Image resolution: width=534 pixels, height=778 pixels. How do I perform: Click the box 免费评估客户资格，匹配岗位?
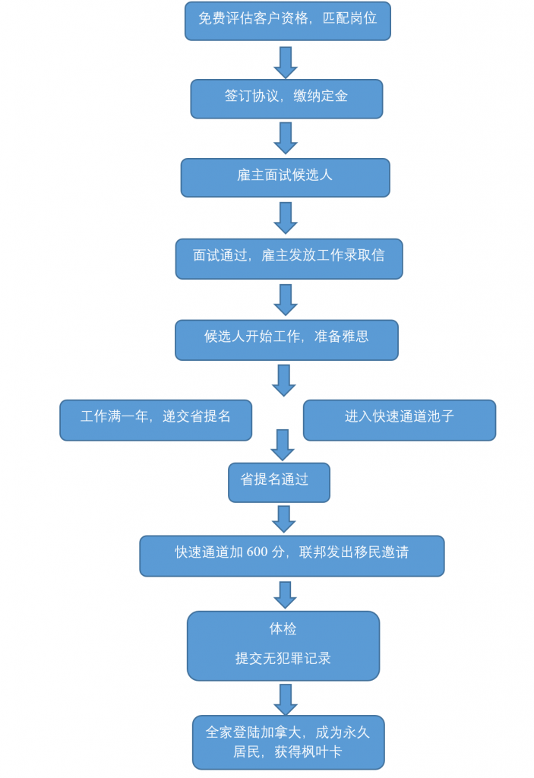[x=287, y=21]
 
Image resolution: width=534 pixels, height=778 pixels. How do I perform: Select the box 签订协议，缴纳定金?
[x=286, y=99]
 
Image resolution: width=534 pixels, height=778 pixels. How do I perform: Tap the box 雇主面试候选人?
[x=285, y=177]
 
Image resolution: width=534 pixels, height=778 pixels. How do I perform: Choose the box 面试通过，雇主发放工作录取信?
[x=289, y=258]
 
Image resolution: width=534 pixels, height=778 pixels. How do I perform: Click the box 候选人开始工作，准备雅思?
[x=286, y=339]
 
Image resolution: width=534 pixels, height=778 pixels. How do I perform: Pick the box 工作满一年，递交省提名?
[x=156, y=419]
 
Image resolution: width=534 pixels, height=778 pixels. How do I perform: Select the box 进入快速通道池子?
[x=399, y=419]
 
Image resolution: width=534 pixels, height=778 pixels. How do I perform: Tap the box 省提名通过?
[x=279, y=482]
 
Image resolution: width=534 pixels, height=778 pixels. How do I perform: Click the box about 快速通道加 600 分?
[x=292, y=555]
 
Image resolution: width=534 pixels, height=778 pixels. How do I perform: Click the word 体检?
[x=283, y=629]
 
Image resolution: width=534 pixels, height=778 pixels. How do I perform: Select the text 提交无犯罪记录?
[x=283, y=658]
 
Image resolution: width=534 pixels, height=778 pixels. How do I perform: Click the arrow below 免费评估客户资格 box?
[x=285, y=62]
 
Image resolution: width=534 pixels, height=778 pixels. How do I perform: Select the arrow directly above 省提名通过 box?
[x=282, y=444]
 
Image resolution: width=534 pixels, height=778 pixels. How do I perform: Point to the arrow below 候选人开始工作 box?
[x=283, y=380]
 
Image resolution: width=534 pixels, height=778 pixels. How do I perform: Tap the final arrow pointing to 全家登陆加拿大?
[x=286, y=699]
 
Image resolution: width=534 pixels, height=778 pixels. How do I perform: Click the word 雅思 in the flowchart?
[x=355, y=336]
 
